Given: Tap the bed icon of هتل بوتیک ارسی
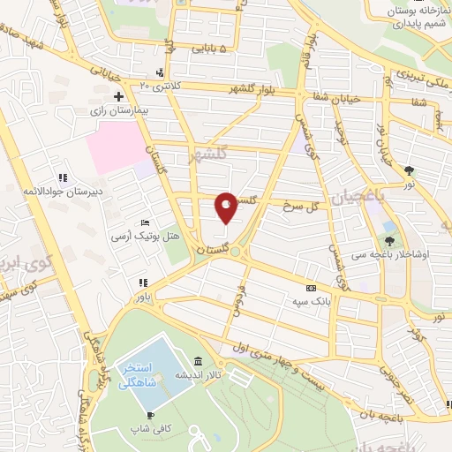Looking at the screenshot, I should [146, 222].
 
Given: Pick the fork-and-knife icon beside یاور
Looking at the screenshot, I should [141, 282].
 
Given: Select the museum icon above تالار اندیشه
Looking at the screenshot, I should [196, 363].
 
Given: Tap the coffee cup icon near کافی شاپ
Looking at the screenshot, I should [151, 415].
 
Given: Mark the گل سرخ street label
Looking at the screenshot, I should [299, 205].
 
